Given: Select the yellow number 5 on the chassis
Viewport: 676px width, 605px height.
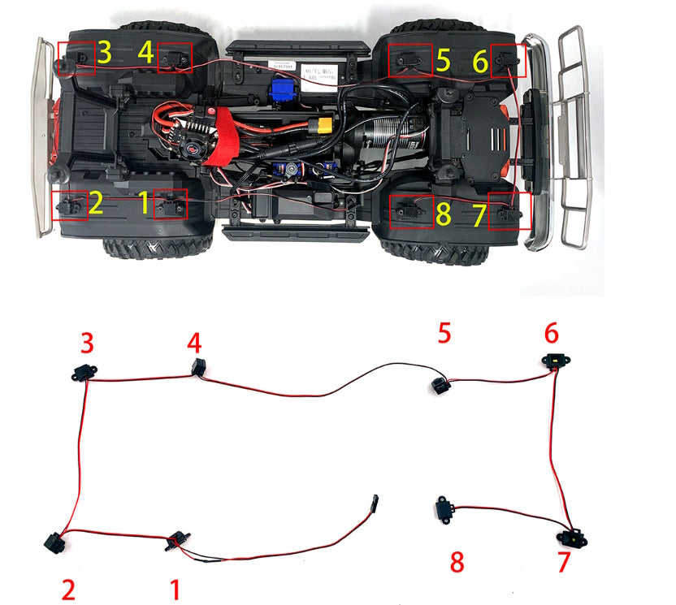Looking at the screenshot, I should click(443, 59).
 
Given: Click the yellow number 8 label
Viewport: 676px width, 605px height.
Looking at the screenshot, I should click(443, 214).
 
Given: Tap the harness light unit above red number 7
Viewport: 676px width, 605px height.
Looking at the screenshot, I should click(572, 538).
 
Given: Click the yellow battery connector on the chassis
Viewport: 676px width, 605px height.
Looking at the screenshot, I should click(327, 127).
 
